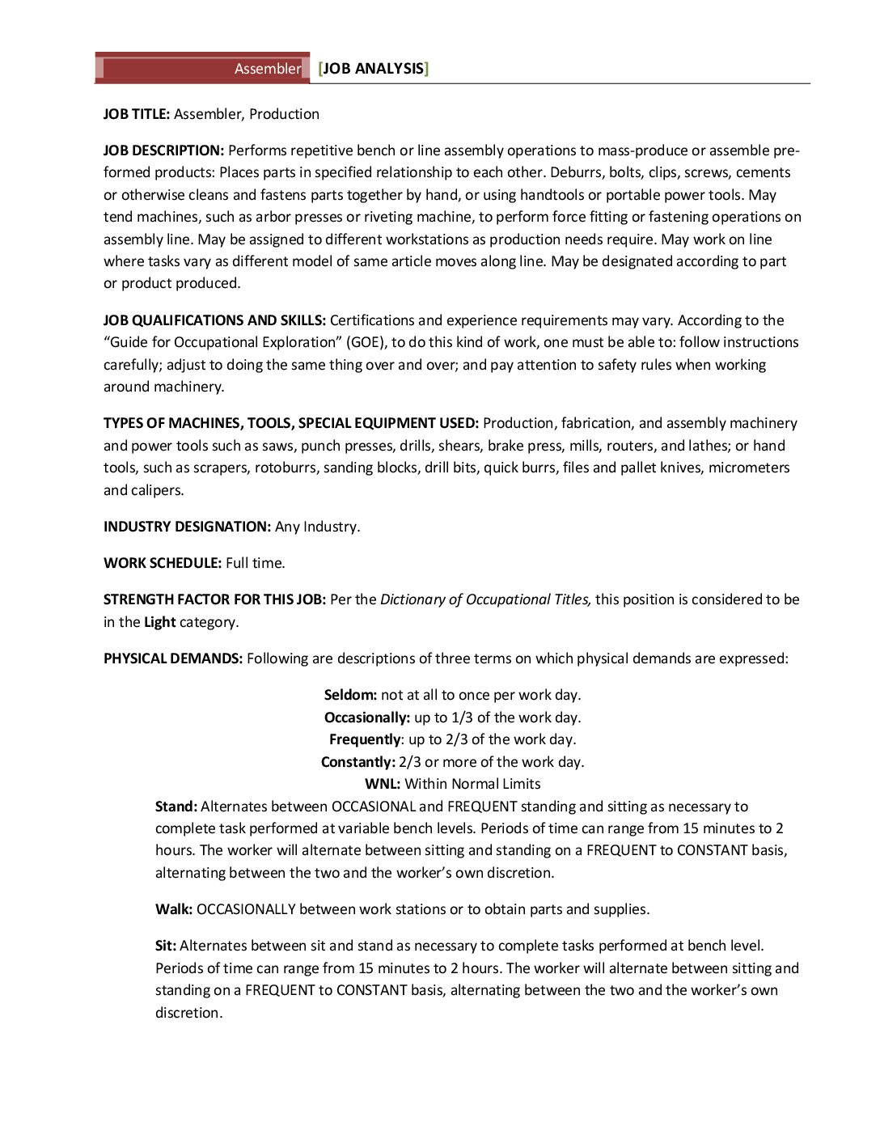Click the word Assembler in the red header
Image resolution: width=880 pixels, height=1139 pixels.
[x=267, y=69]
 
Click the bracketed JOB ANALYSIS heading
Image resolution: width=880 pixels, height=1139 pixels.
[x=373, y=69]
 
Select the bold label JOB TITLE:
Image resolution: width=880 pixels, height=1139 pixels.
[x=136, y=114]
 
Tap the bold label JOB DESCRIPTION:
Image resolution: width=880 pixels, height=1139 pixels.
[x=163, y=150]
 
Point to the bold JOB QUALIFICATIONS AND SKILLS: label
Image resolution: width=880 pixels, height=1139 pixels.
[x=214, y=320]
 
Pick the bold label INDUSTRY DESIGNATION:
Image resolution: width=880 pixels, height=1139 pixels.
[x=187, y=527]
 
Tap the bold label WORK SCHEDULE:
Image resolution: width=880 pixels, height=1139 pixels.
[x=163, y=563]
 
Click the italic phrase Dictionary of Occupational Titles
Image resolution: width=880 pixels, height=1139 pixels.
[x=485, y=599]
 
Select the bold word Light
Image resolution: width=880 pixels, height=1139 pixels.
[x=159, y=622]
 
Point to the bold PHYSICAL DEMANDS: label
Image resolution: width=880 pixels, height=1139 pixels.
[x=173, y=658]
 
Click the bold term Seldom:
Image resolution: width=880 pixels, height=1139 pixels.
[x=350, y=695]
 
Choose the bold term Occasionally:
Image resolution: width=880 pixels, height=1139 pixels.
[x=367, y=718]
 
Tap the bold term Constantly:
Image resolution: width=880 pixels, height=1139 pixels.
[x=357, y=762]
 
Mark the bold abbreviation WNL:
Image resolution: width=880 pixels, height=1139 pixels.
[x=383, y=784]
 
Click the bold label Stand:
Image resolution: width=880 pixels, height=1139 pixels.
[x=176, y=807]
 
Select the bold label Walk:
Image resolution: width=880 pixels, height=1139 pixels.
[x=174, y=909]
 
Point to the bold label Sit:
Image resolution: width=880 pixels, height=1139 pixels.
[x=166, y=946]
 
